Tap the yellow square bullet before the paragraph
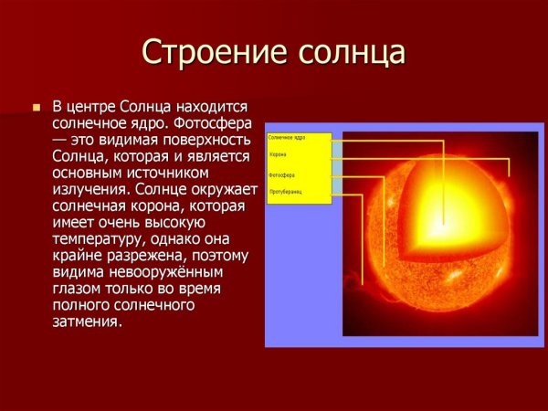tap(37, 107)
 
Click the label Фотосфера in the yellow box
tap(280, 174)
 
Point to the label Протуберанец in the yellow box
tap(284, 192)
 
